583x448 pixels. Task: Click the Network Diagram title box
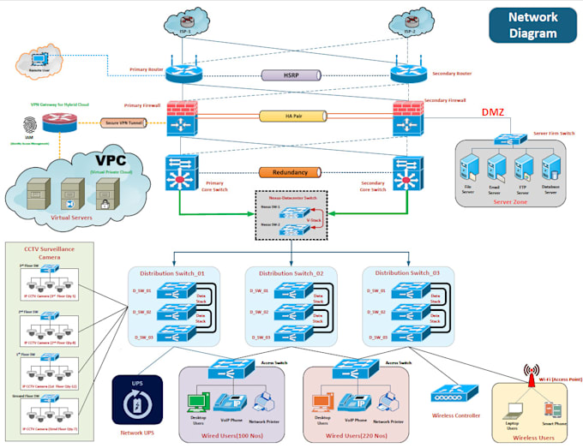click(x=532, y=26)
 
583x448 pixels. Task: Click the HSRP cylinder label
click(x=291, y=75)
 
